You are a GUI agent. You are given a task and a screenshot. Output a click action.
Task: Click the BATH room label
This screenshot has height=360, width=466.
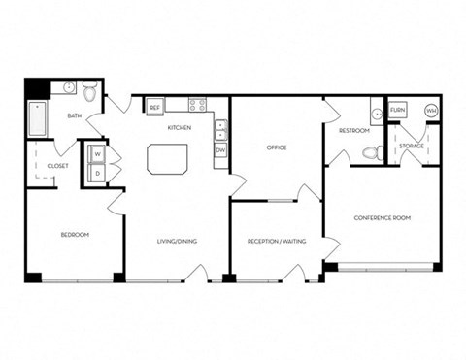pyautogui.click(x=74, y=116)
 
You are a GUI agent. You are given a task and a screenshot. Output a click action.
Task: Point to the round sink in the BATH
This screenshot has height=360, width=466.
pyautogui.click(x=70, y=89)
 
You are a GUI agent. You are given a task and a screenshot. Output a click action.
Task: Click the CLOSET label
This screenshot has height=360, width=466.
pyautogui.click(x=57, y=166)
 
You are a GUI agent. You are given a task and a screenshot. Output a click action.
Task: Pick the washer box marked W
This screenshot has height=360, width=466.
pyautogui.click(x=98, y=154)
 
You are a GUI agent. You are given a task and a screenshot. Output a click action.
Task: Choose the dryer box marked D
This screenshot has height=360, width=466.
pyautogui.click(x=98, y=173)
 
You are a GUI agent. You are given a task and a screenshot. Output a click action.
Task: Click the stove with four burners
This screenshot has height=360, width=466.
pyautogui.click(x=198, y=105)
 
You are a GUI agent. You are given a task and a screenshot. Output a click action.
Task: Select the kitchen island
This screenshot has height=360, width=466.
pyautogui.click(x=166, y=158)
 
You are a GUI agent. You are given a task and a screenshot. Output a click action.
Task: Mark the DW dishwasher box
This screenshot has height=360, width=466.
pyautogui.click(x=220, y=150)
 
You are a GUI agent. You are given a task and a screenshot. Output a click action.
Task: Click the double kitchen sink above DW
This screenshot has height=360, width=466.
pyautogui.click(x=220, y=130)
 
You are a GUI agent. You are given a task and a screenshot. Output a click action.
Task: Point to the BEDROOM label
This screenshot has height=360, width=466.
pyautogui.click(x=75, y=235)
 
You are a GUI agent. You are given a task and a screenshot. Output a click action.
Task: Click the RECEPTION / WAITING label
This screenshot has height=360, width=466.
pyautogui.click(x=277, y=239)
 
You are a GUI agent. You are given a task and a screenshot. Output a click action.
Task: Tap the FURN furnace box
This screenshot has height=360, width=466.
pyautogui.click(x=397, y=111)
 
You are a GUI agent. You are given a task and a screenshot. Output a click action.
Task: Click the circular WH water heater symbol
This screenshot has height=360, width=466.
pyautogui.click(x=430, y=111)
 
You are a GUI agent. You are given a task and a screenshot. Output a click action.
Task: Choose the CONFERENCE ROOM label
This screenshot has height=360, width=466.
pyautogui.click(x=382, y=218)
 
